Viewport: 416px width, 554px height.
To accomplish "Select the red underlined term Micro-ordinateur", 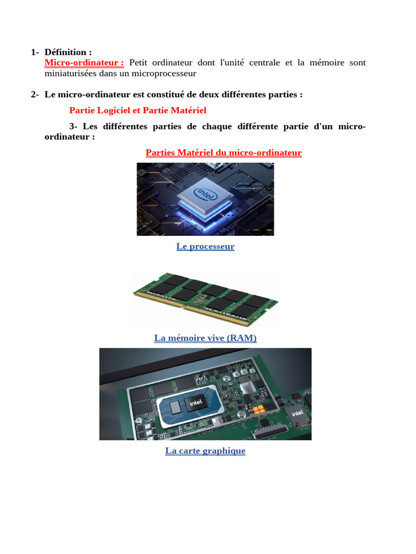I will (83, 63).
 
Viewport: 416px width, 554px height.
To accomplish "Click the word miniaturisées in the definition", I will (69, 73).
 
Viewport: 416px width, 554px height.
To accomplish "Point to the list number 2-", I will (35, 95).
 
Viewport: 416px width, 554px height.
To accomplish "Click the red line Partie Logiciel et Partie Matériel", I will (138, 110).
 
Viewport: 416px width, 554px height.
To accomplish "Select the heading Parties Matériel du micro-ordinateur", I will (223, 153).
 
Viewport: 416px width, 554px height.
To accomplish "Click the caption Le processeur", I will (205, 247).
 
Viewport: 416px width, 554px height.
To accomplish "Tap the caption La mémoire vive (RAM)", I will (205, 338).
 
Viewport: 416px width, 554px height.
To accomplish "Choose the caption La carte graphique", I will (205, 451).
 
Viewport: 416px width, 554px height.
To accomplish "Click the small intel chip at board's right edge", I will (298, 414).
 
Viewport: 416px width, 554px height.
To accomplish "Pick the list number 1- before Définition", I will (35, 52).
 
